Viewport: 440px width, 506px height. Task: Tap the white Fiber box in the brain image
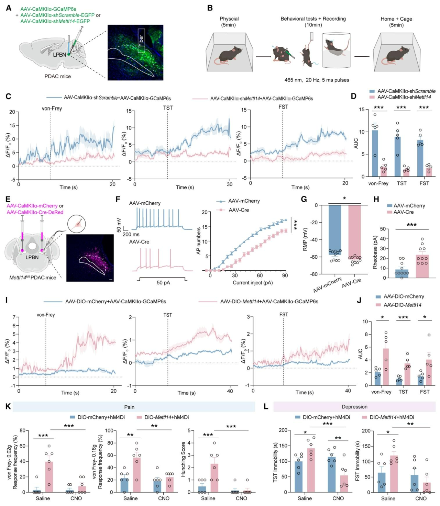click(141, 41)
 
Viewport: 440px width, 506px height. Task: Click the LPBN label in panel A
click(59, 55)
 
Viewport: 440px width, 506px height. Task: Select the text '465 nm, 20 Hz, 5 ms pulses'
click(317, 80)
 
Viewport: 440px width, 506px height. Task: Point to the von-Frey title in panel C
click(52, 109)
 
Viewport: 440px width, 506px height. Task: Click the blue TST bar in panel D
click(397, 157)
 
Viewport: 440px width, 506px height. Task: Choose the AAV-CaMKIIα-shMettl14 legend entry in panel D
click(404, 97)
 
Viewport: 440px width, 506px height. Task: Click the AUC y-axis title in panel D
click(356, 143)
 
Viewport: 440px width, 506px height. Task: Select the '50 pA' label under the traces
click(163, 283)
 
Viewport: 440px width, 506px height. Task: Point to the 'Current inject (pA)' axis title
click(253, 283)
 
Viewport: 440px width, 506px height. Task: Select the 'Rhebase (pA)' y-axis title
click(375, 252)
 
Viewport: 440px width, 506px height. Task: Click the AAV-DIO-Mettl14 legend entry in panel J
click(402, 305)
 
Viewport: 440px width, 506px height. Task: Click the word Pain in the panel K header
click(129, 407)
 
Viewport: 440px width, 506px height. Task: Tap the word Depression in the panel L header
click(354, 407)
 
